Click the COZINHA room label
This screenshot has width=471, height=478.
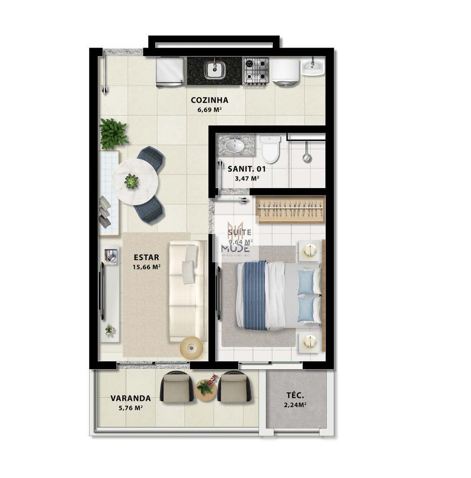click(x=209, y=100)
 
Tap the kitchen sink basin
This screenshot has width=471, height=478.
click(x=215, y=70)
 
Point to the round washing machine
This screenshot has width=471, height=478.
click(x=285, y=72)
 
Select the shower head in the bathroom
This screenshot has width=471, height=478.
click(x=306, y=157)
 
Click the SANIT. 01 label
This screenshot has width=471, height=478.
click(x=246, y=169)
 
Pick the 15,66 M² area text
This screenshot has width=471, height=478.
click(x=147, y=267)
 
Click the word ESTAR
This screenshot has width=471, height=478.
click(x=146, y=257)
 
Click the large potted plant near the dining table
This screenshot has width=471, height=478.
click(x=113, y=134)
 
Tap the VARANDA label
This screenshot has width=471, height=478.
click(x=131, y=398)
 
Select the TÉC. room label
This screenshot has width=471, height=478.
click(x=296, y=395)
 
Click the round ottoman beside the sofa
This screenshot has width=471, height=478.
click(x=191, y=347)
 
